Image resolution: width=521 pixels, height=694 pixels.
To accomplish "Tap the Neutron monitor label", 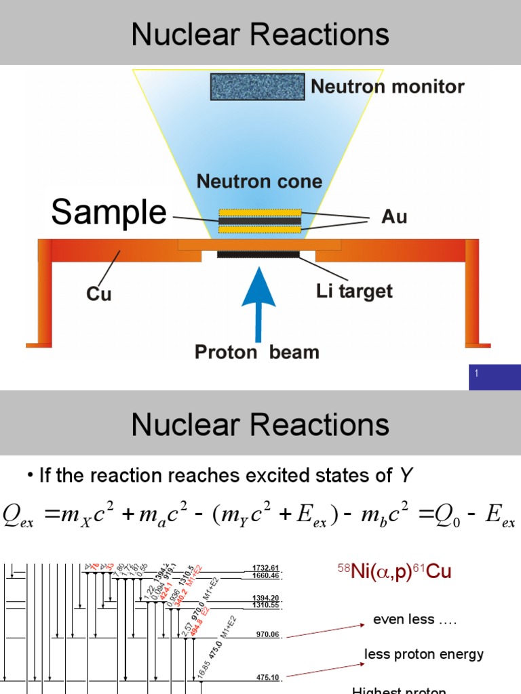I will [387, 87].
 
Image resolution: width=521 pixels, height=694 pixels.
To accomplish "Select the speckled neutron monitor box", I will [257, 87].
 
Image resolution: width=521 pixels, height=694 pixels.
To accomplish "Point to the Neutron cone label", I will [259, 181].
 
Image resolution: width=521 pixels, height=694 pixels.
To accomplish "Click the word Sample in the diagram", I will [109, 213].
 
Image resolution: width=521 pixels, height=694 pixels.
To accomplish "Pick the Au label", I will [394, 218].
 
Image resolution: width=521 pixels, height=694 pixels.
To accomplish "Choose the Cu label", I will [99, 293].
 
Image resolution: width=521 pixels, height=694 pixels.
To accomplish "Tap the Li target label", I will [354, 291].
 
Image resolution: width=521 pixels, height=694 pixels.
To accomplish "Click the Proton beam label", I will [257, 352].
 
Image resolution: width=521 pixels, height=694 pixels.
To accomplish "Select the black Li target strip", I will [258, 254].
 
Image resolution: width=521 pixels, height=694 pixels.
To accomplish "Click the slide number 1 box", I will [495, 376].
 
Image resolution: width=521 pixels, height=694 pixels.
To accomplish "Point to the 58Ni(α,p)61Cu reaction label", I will [394, 573].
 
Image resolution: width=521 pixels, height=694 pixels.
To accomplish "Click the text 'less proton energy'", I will [424, 654].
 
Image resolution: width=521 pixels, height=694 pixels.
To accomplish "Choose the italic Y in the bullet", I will [406, 476].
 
